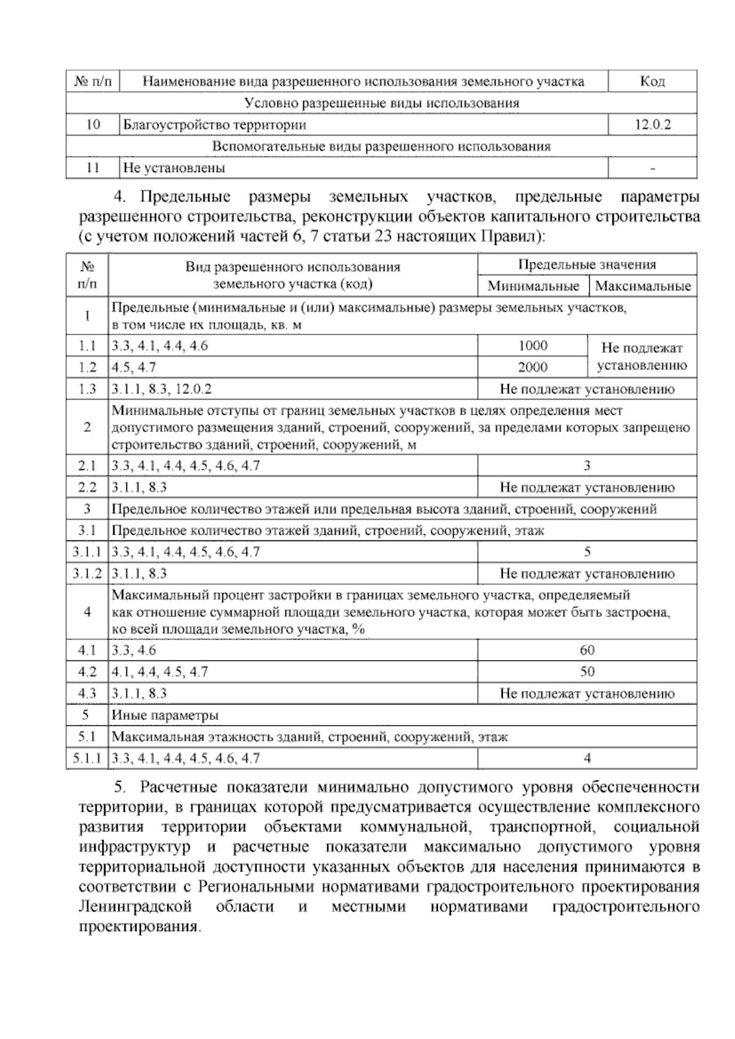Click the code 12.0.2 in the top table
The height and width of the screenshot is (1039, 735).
[652, 125]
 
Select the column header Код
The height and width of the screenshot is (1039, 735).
[652, 81]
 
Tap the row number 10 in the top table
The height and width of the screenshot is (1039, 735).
[93, 125]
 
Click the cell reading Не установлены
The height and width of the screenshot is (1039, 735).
[174, 168]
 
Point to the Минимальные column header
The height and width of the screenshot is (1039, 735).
[533, 286]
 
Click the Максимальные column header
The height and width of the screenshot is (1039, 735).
[643, 286]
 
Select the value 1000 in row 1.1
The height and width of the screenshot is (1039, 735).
[533, 346]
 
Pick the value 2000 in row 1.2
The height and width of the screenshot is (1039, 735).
[533, 368]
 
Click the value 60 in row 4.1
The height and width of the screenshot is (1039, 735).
[587, 651]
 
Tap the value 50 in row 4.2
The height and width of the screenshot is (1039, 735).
[587, 672]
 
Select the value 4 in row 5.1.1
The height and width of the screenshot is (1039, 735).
[587, 758]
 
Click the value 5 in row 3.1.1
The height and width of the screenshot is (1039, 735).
[587, 552]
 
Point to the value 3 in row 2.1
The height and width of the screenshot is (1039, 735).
[587, 466]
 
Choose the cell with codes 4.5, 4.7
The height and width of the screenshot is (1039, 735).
[134, 368]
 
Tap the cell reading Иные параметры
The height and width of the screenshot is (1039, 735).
[165, 716]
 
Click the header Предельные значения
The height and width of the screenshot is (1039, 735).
[587, 265]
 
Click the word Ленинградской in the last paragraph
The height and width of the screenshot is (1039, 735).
[135, 907]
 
